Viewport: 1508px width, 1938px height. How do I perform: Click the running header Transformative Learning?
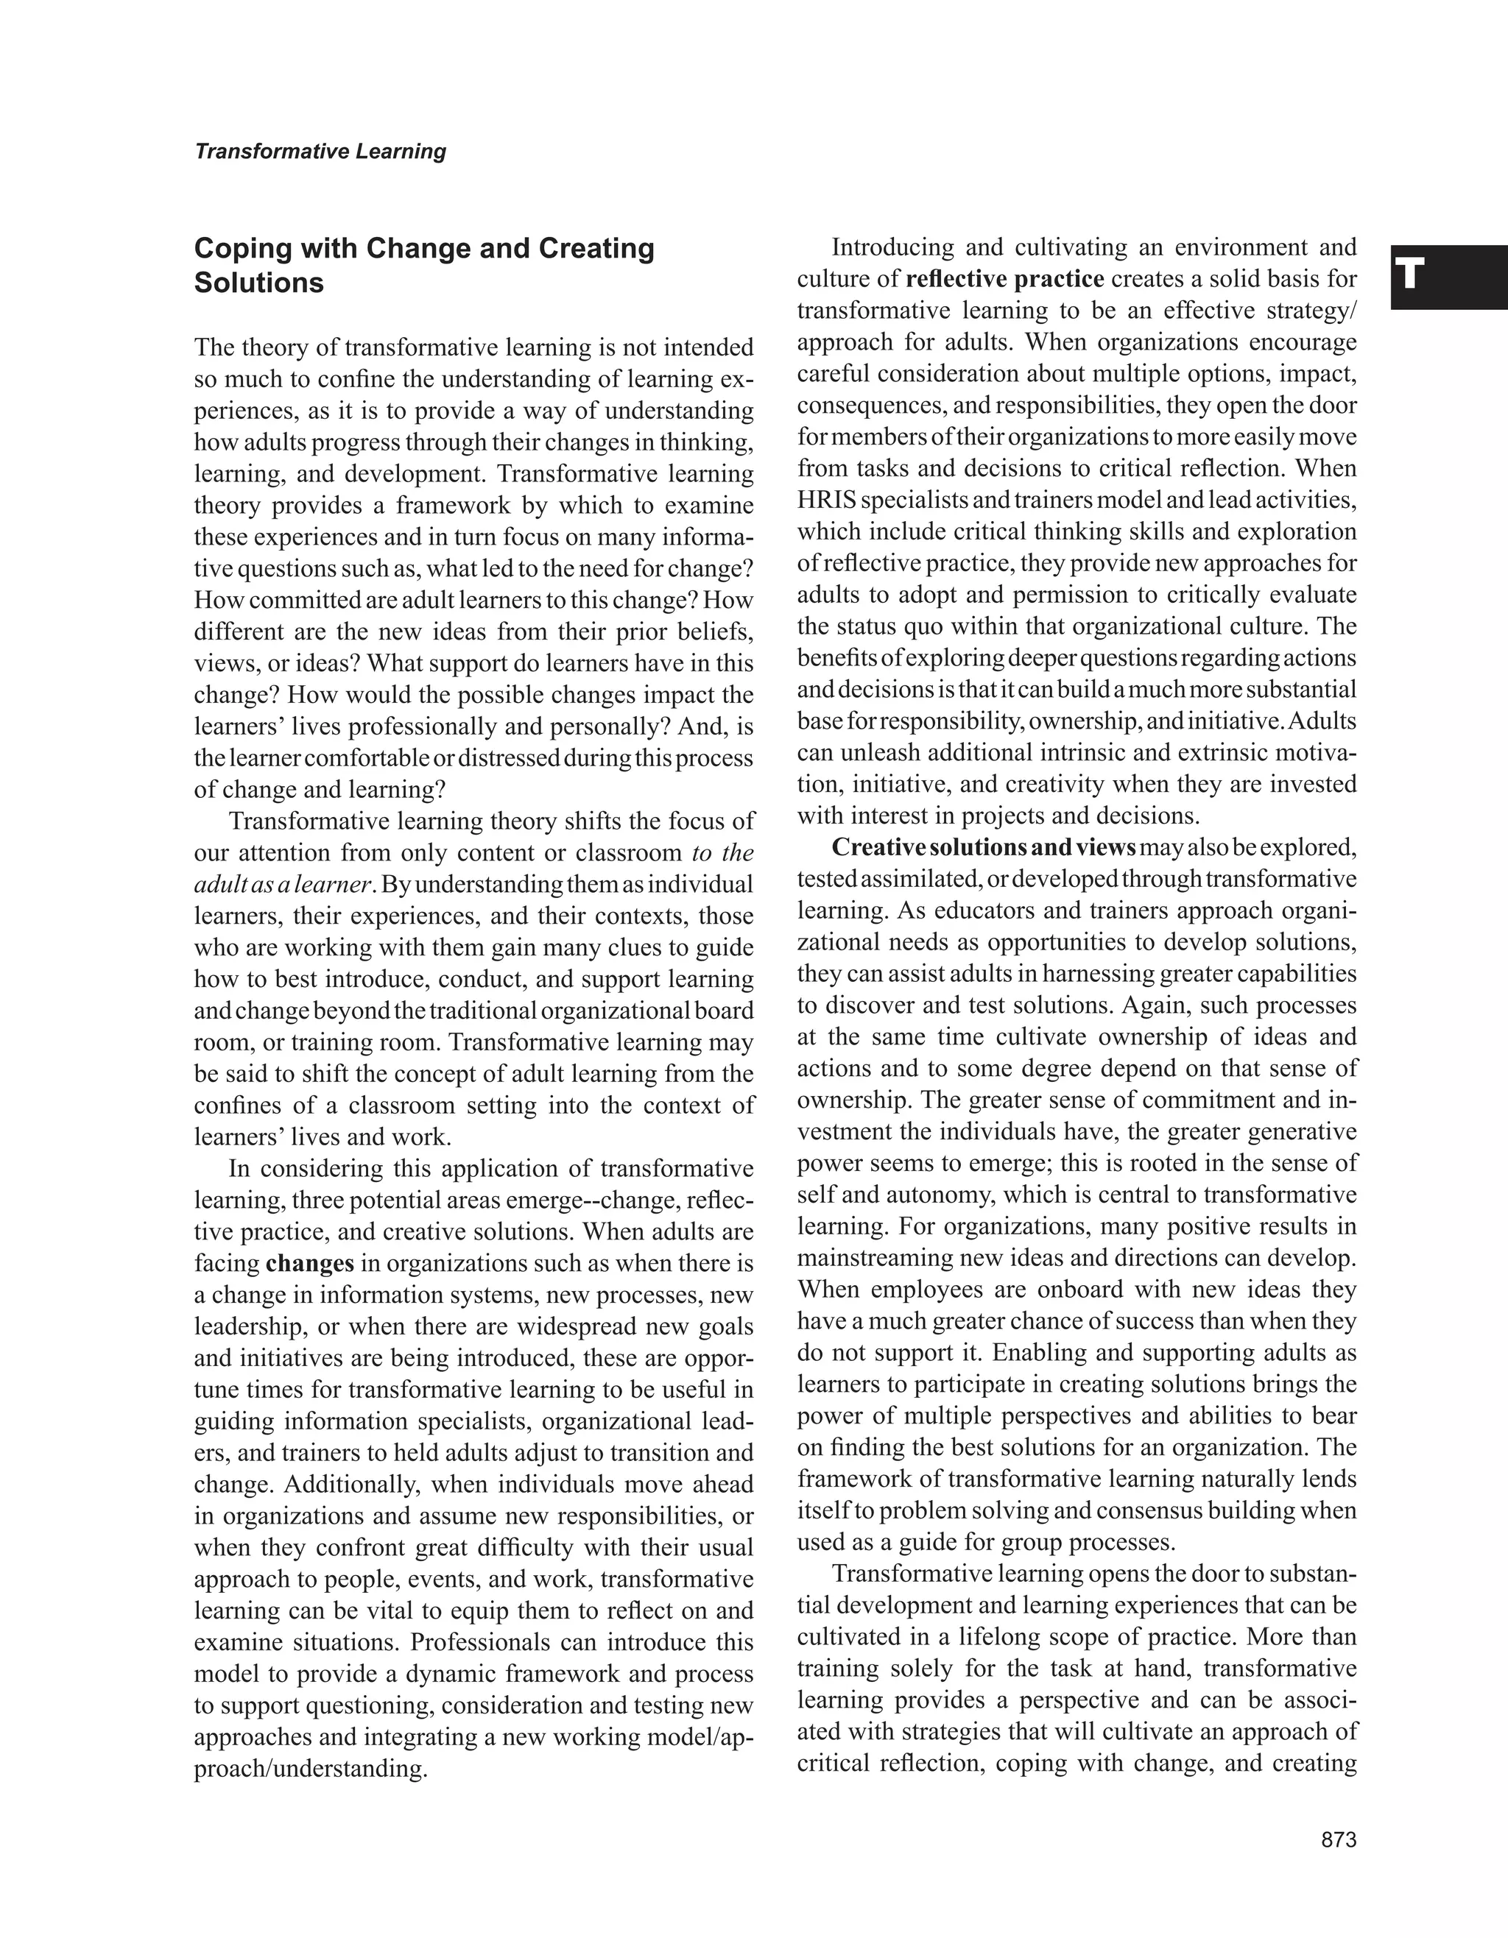320,152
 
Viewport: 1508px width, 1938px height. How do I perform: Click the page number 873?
1339,1839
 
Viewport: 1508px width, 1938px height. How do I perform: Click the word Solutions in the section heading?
258,283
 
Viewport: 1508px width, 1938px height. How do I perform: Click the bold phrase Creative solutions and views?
984,847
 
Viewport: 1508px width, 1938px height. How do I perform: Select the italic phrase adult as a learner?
281,885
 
